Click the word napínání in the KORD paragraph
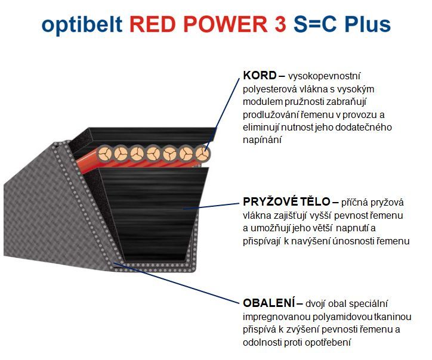click(x=263, y=139)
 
